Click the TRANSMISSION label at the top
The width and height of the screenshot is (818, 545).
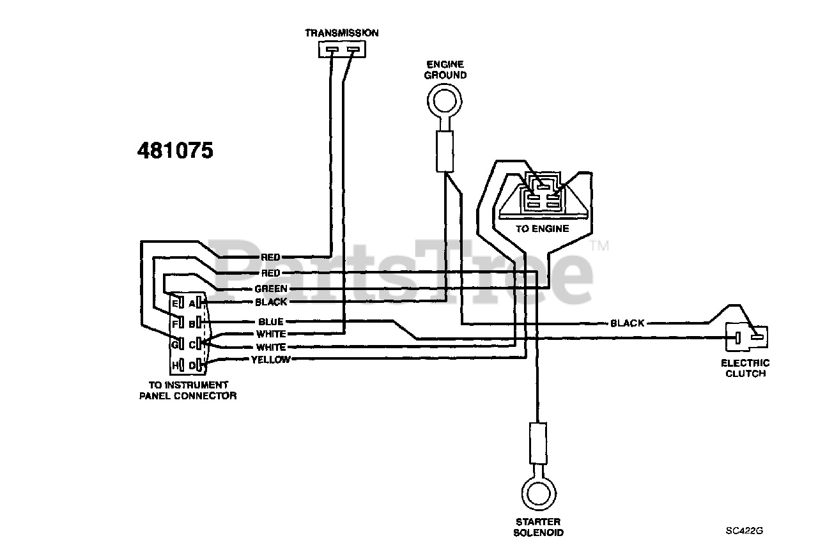coord(341,33)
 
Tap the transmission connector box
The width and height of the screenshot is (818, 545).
coord(341,49)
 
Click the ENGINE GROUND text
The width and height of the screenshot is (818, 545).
coord(445,70)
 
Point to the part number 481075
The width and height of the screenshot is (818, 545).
coord(175,150)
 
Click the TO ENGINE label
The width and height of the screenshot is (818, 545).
coord(542,228)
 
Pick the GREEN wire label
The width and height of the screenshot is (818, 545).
coord(271,289)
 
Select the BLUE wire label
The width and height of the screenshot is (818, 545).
coord(271,321)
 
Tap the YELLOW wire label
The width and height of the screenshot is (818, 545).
coord(270,360)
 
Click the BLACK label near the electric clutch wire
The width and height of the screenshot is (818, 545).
coord(627,323)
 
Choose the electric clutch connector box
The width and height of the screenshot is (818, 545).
coord(746,336)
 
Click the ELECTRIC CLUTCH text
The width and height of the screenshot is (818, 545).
coord(745,368)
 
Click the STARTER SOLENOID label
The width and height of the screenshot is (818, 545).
coord(539,526)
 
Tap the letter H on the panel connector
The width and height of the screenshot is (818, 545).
coord(174,364)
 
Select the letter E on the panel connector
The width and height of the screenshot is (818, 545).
coord(174,302)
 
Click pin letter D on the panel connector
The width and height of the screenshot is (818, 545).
coord(191,364)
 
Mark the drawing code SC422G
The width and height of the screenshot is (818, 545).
coord(745,530)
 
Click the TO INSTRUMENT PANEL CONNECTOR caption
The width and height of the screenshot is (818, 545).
coord(188,390)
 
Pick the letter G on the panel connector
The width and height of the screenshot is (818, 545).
coord(173,345)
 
